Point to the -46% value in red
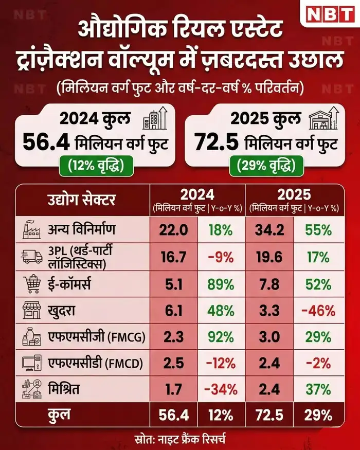[318, 311]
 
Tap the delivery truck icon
[32, 256]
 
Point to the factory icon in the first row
[32, 229]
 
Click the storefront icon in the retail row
[32, 311]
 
